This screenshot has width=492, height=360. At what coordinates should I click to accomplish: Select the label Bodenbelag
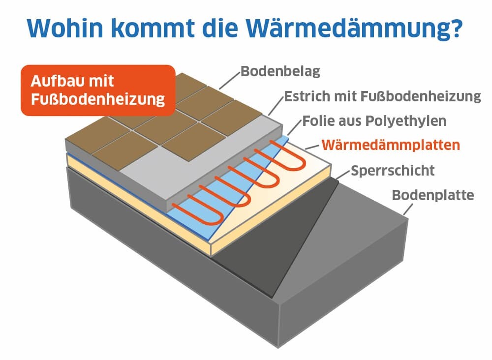coord(280,72)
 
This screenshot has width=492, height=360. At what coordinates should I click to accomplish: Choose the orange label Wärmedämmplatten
coord(391,145)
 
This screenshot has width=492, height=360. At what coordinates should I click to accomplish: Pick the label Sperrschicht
coord(393,171)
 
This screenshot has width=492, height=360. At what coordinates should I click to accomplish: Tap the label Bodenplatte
coord(433,195)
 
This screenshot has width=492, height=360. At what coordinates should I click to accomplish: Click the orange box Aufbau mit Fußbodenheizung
coord(97,90)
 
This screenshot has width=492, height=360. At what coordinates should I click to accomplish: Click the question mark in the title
coord(456,30)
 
